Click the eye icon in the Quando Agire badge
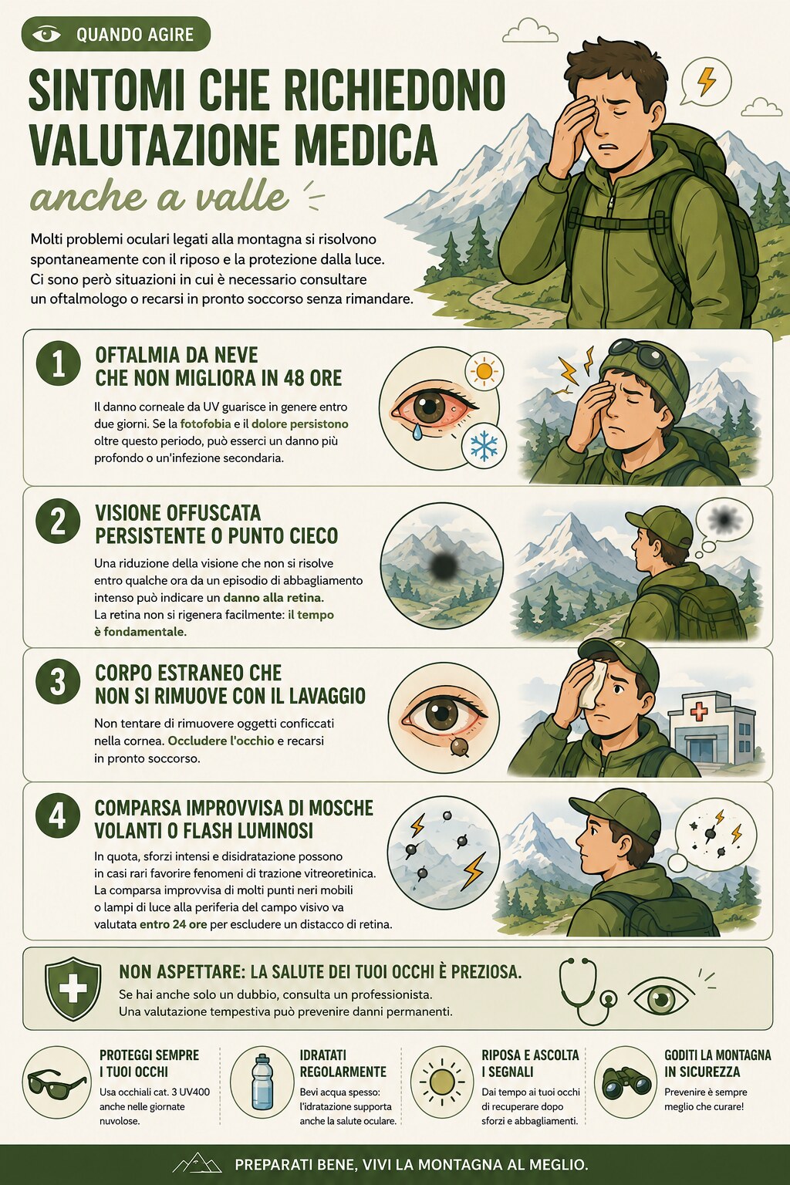tap(46, 35)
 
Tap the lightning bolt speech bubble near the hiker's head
tap(705, 83)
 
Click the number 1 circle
tap(58, 364)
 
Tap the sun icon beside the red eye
tap(484, 371)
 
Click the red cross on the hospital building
tap(699, 711)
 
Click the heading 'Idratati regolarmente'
tap(343, 1064)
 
